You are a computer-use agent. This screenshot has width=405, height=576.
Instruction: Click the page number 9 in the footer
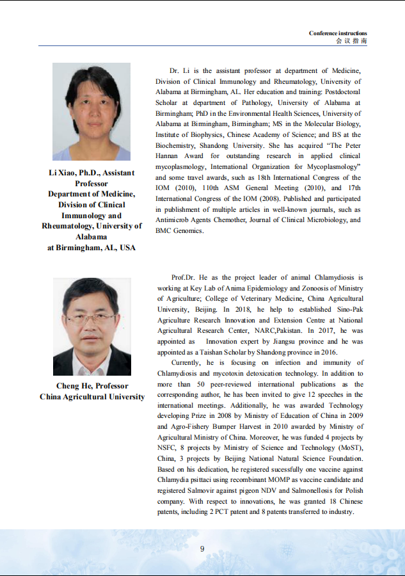coord(202,548)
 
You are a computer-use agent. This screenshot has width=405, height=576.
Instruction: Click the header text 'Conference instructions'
coord(338,33)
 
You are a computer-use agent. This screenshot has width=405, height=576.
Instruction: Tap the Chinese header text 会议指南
coord(351,41)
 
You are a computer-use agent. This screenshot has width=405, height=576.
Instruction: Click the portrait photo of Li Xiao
coord(91,111)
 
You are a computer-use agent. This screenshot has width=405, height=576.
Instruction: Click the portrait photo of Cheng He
coord(91,326)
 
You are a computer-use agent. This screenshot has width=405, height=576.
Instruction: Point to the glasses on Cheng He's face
coord(91,317)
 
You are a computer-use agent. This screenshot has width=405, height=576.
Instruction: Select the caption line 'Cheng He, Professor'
coord(92,386)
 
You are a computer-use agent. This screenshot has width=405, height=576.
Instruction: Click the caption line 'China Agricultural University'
coord(92,397)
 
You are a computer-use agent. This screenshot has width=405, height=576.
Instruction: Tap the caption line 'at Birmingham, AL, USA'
coord(91,248)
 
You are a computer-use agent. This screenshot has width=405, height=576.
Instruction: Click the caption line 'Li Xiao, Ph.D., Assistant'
coord(91,173)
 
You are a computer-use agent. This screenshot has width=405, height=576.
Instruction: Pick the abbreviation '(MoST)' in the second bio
coord(348,447)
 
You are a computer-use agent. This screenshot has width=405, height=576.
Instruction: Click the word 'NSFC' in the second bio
coord(168,447)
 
